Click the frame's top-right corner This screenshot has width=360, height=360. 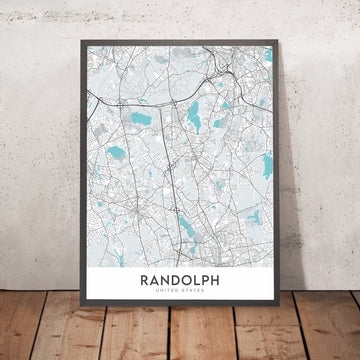coord(282,47)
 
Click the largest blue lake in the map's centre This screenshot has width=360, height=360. coord(194,121)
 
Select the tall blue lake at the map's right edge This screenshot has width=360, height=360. coord(266,165)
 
